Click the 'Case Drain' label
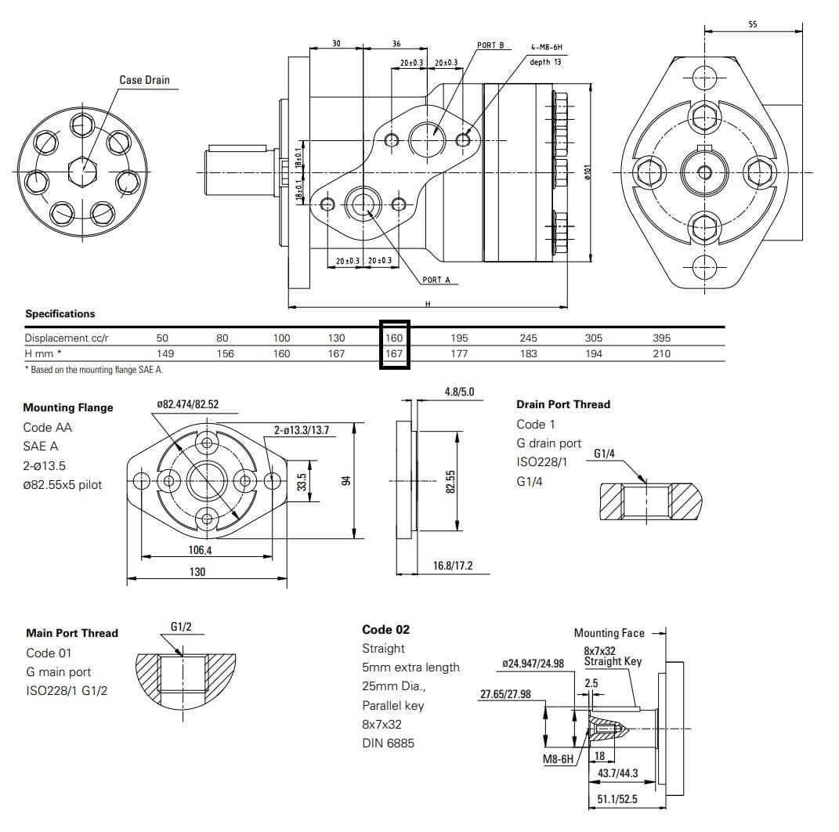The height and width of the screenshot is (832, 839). [144, 80]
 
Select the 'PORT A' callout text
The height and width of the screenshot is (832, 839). [436, 280]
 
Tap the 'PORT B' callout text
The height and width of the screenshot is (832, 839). [490, 45]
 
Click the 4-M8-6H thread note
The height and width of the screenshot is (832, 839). [546, 47]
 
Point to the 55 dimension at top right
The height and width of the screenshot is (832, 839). [753, 24]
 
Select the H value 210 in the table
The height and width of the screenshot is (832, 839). [662, 353]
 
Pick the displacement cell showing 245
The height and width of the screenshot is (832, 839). [529, 338]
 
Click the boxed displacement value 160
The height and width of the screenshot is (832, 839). [394, 338]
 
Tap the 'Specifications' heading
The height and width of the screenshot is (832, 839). [60, 313]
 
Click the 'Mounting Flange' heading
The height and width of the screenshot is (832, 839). [68, 407]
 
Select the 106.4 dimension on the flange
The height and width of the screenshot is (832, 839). [200, 550]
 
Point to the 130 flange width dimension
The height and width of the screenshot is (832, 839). [197, 572]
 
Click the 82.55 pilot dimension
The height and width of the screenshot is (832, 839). [450, 482]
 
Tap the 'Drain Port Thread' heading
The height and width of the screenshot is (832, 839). [562, 404]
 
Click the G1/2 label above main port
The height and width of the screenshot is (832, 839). [181, 627]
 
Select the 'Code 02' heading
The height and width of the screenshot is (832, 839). [385, 629]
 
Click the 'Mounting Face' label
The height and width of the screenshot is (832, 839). [609, 633]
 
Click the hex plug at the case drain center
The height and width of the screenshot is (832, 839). [81, 170]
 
